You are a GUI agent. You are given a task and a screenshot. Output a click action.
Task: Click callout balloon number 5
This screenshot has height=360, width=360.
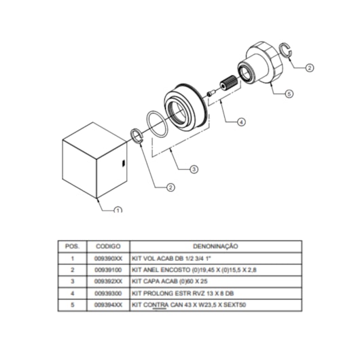[x=289, y=94]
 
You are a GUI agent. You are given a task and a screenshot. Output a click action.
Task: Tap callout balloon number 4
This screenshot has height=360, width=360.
[x=241, y=122]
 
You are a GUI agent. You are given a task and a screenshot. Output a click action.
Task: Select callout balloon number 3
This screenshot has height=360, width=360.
[x=194, y=169]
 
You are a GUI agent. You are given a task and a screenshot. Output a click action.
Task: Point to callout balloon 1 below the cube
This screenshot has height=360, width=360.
[x=118, y=210]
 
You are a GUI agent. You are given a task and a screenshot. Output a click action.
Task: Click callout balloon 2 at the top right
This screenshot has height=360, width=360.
[x=310, y=68]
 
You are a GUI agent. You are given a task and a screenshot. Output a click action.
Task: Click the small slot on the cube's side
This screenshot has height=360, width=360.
[x=123, y=163]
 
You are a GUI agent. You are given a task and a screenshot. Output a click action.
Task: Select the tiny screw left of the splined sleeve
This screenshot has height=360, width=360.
[x=211, y=93]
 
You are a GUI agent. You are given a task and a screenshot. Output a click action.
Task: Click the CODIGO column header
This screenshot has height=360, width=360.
[x=108, y=247]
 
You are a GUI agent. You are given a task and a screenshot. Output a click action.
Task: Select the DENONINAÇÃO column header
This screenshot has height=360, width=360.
[x=215, y=247]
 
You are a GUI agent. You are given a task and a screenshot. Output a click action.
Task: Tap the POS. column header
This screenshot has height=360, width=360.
[x=72, y=247]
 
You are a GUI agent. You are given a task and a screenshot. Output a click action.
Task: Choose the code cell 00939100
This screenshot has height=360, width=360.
[x=108, y=270]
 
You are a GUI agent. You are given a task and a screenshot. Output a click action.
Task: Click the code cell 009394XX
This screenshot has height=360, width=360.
[x=108, y=305]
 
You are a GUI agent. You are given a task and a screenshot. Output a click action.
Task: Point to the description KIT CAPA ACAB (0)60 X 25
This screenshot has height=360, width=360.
[x=170, y=281]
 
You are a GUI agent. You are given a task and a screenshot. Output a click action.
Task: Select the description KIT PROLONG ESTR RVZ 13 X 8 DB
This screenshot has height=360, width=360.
[x=183, y=293]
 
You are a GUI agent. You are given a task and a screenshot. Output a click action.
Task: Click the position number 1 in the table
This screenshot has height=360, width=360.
[x=73, y=259]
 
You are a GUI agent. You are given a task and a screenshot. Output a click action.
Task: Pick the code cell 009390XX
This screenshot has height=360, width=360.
[x=108, y=259]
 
